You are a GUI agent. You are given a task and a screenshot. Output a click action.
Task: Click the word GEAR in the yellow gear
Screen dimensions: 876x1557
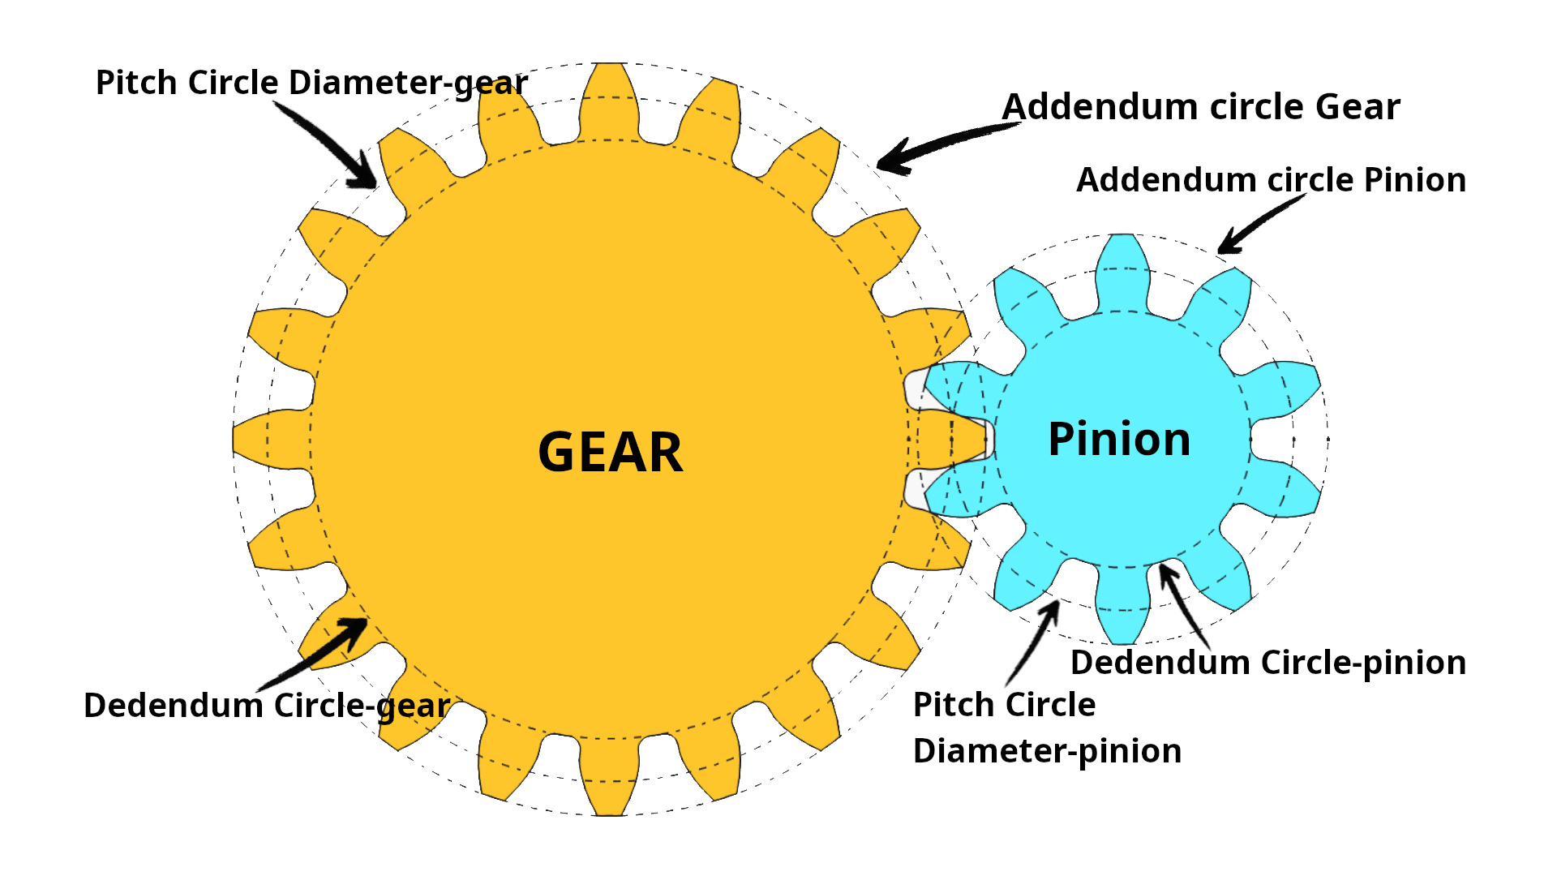click(x=610, y=453)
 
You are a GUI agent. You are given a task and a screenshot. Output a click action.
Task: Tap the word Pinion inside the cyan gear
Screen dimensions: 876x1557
click(x=1119, y=440)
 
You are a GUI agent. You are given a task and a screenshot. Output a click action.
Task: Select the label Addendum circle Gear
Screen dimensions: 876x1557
click(x=1201, y=107)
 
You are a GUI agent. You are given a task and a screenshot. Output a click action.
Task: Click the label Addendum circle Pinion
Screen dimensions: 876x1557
click(x=1271, y=180)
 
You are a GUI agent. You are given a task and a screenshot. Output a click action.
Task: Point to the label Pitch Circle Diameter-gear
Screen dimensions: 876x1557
click(x=311, y=84)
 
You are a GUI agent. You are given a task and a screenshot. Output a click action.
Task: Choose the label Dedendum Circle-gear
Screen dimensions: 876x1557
click(x=267, y=706)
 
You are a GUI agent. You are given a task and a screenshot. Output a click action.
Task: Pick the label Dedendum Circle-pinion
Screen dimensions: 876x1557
click(x=1268, y=663)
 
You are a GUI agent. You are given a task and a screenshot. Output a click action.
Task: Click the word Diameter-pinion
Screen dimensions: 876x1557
click(x=1047, y=751)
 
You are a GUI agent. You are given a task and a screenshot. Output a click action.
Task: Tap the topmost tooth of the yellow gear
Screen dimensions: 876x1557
click(x=609, y=97)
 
